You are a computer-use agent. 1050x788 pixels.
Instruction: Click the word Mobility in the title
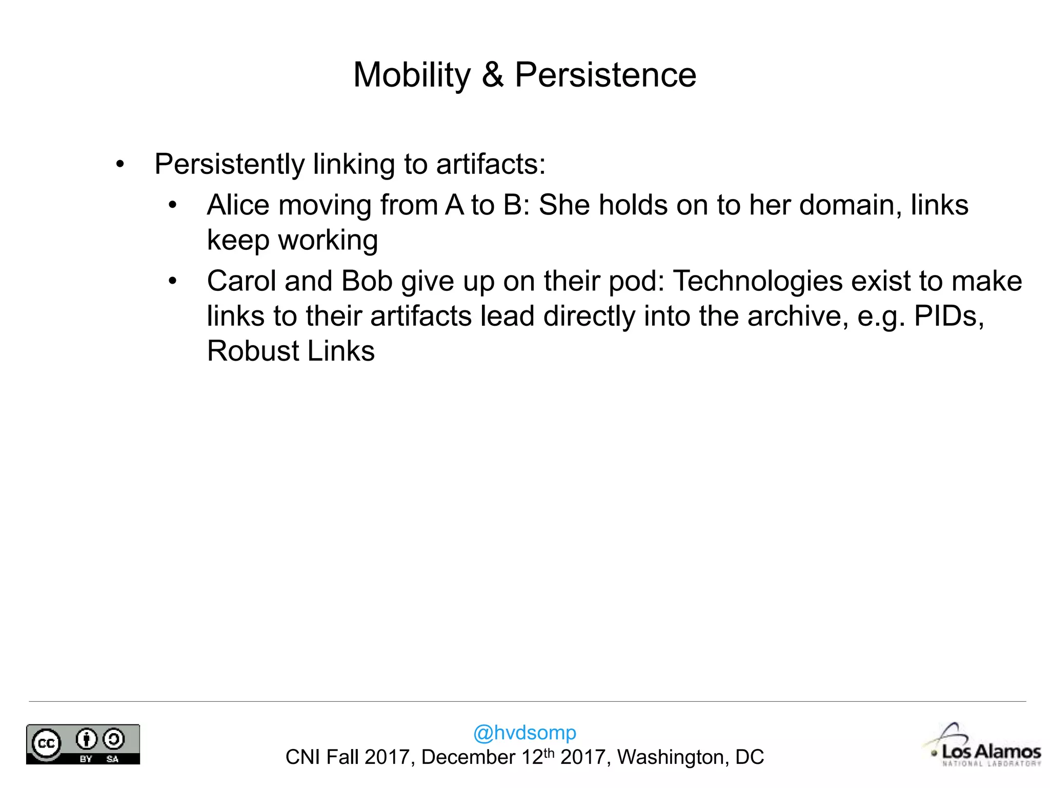point(412,75)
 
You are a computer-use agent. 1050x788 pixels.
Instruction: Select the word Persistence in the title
point(605,75)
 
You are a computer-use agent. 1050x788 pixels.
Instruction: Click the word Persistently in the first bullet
point(230,165)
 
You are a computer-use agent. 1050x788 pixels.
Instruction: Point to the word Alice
point(238,205)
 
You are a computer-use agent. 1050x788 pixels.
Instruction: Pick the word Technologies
point(757,281)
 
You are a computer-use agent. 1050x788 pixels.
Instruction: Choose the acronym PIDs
point(948,316)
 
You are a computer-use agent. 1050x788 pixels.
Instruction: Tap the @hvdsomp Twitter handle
point(524,733)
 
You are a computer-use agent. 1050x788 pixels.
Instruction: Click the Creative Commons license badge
point(83,744)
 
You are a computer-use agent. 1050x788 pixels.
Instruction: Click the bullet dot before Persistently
point(120,165)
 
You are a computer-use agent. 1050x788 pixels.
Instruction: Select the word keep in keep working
point(238,240)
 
